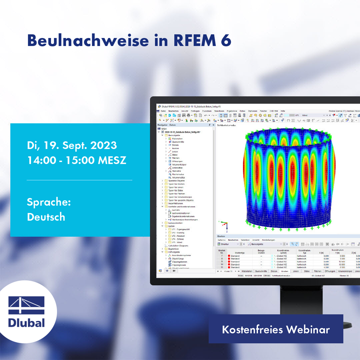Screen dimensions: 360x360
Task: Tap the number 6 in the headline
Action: (x=226, y=41)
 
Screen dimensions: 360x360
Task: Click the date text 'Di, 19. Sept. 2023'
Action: (x=72, y=145)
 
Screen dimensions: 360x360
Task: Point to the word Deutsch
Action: (x=46, y=217)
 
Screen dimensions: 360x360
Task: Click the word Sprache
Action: (x=49, y=202)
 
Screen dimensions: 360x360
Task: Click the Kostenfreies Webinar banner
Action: (x=276, y=330)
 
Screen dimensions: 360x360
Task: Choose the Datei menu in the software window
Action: (x=163, y=111)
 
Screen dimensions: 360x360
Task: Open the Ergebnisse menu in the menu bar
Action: (x=232, y=111)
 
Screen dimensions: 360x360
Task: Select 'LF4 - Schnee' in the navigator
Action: (x=178, y=239)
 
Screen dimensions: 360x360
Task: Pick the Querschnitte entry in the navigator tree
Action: (x=178, y=142)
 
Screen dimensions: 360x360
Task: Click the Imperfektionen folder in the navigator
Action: (x=176, y=204)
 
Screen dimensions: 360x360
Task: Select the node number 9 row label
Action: (x=222, y=262)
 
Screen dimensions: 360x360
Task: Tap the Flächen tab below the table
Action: (x=317, y=271)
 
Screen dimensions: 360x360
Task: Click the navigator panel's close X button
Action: (x=213, y=125)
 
